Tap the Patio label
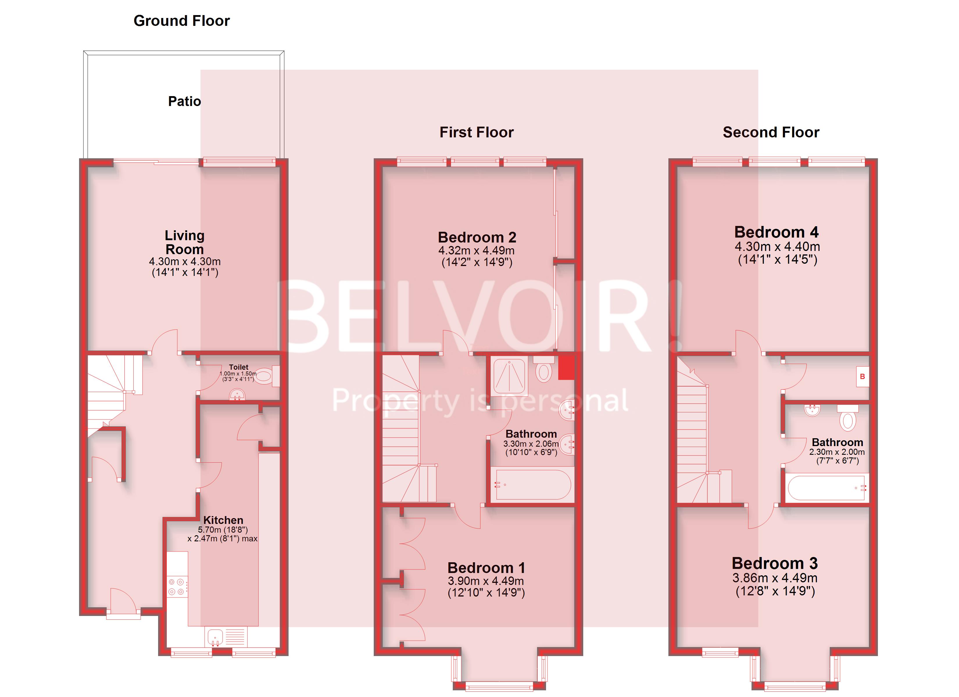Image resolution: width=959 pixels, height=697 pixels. [x=184, y=101]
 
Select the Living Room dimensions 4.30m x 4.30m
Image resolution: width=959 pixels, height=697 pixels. [x=185, y=262]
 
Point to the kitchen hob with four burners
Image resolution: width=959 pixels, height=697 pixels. [x=176, y=587]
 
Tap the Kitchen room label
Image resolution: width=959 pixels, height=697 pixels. [x=223, y=520]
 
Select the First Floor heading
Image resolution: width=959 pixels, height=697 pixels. [x=477, y=132]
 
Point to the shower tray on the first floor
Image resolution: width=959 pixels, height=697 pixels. [x=509, y=376]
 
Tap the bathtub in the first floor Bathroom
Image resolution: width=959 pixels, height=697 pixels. [x=533, y=485]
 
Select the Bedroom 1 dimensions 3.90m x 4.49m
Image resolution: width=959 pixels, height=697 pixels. [x=486, y=581]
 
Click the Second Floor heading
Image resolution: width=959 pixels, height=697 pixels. [x=771, y=132]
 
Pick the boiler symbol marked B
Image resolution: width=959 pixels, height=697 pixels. [x=862, y=377]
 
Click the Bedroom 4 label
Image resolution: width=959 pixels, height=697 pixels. [x=776, y=232]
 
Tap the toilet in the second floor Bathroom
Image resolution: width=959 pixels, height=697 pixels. [x=848, y=418]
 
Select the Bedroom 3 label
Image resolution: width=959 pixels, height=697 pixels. [x=775, y=563]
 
